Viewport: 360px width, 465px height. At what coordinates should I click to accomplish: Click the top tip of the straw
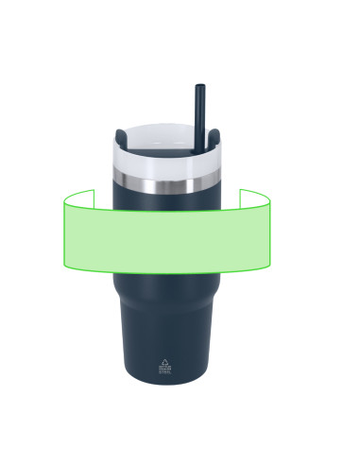[200, 87]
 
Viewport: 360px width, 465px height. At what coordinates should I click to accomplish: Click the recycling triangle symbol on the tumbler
[165, 361]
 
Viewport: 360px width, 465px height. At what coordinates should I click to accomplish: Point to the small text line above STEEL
[165, 367]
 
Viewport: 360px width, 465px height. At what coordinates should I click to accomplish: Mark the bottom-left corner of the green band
[64, 266]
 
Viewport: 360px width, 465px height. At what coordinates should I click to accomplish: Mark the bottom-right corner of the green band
[269, 266]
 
